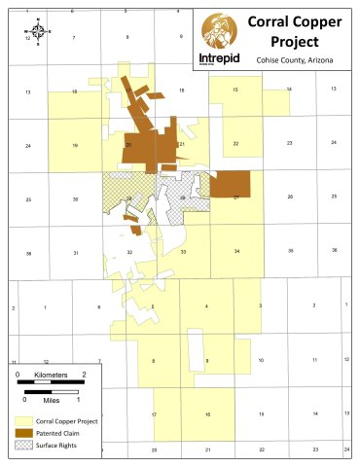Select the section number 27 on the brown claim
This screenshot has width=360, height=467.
[235, 198]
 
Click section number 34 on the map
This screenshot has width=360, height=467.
[236, 252]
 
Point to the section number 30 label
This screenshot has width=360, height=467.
[75, 198]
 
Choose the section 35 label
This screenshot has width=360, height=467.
[290, 251]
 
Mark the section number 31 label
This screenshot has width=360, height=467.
[75, 252]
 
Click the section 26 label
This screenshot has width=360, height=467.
[290, 198]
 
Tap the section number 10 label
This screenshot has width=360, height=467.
[261, 360]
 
